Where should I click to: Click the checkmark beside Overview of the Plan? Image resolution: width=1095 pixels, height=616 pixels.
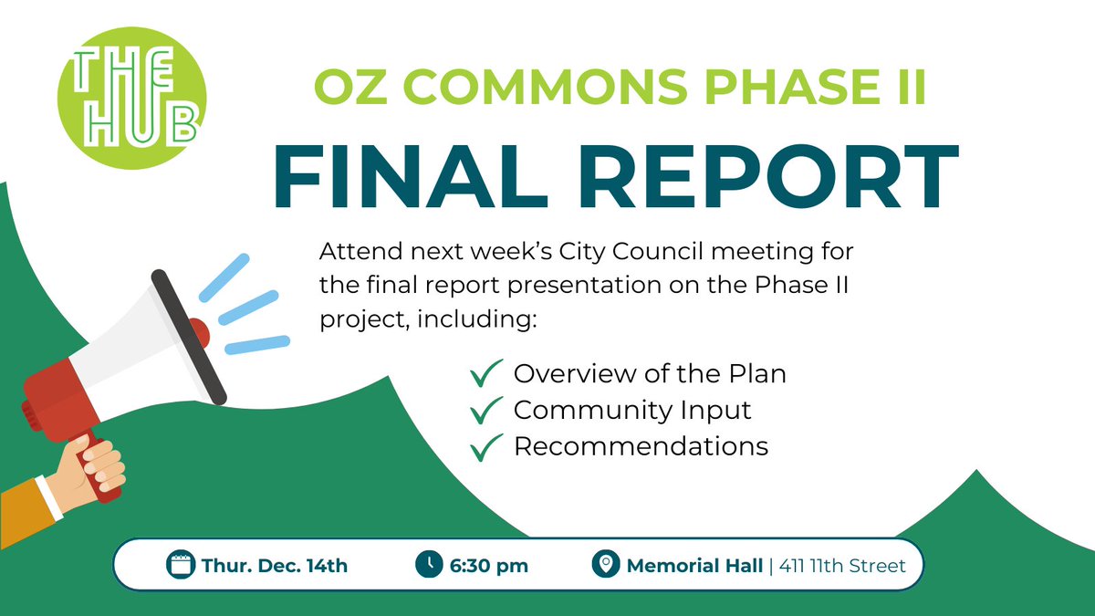click(x=486, y=374)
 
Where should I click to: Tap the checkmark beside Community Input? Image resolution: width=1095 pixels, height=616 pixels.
click(x=486, y=411)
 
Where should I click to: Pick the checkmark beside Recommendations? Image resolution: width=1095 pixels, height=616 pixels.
click(x=486, y=447)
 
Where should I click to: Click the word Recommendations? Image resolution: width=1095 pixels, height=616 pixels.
click(x=641, y=447)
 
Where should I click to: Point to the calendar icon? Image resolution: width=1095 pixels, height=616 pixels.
click(x=182, y=565)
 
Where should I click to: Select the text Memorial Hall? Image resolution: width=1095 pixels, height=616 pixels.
click(x=694, y=566)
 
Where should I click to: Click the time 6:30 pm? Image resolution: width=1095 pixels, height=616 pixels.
click(x=488, y=566)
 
